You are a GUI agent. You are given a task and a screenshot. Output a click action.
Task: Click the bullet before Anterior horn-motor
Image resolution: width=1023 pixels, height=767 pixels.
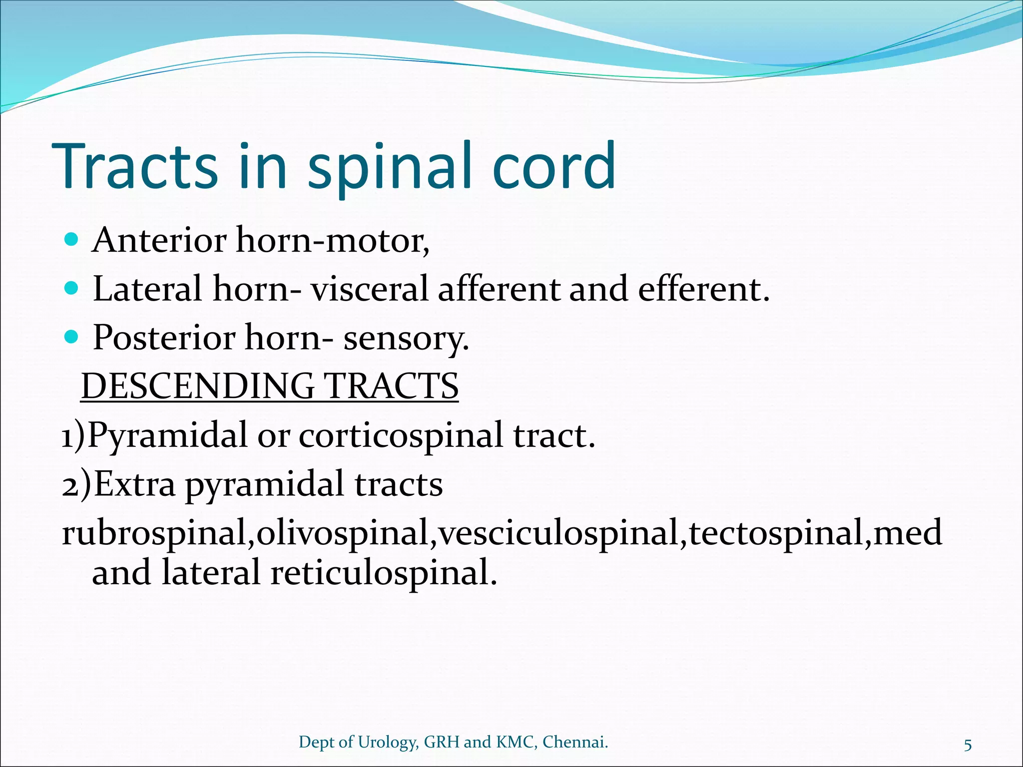tap(72, 240)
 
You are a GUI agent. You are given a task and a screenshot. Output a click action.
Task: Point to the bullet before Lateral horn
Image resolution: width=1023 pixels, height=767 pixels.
tap(72, 289)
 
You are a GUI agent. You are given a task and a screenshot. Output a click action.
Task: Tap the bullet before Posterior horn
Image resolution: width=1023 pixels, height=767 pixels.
tap(72, 337)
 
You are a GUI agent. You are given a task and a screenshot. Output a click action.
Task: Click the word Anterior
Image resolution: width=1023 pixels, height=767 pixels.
tap(159, 240)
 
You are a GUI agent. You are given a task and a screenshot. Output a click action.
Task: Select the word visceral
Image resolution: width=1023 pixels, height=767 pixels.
tap(370, 289)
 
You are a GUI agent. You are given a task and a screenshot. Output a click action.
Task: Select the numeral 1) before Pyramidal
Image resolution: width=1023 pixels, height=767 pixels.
tap(73, 436)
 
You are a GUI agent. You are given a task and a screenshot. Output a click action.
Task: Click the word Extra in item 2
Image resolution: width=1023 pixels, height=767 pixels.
tap(134, 484)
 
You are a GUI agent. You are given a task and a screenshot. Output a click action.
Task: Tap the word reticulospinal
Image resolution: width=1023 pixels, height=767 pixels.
tap(384, 573)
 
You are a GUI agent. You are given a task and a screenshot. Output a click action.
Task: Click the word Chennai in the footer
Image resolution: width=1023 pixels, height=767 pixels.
tap(574, 742)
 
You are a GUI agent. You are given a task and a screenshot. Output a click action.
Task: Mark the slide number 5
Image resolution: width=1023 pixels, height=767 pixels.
tap(968, 746)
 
